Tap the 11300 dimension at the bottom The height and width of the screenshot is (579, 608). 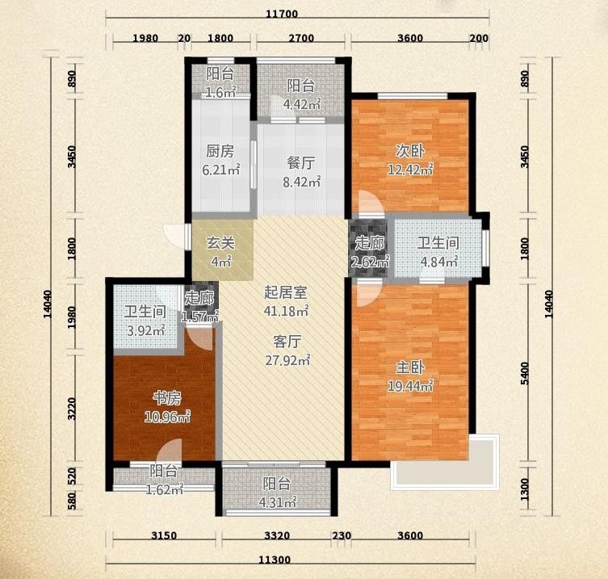[x=280, y=560]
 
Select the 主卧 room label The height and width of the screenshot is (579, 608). [x=410, y=367]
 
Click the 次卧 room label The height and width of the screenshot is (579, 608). [x=410, y=151]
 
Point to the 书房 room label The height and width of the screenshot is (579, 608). [x=167, y=398]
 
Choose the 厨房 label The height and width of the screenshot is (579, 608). [x=220, y=151]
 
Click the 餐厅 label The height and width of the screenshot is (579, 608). [x=301, y=163]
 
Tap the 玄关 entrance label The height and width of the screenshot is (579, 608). [x=220, y=243]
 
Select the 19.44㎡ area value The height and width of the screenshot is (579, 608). [x=410, y=386]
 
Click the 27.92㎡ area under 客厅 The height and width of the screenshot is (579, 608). [x=287, y=360]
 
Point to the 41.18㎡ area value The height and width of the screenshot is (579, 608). [x=286, y=311]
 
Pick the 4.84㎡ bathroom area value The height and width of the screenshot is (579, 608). [x=439, y=262]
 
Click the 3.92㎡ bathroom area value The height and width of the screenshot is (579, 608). [x=146, y=331]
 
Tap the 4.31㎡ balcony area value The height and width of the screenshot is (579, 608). [x=277, y=502]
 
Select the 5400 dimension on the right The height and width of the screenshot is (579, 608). [x=525, y=373]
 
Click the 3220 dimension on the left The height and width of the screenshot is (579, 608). [x=72, y=409]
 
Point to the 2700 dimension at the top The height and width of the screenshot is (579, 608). [x=301, y=38]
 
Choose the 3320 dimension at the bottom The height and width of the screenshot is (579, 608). [x=277, y=535]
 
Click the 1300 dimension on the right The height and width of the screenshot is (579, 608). [x=525, y=489]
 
